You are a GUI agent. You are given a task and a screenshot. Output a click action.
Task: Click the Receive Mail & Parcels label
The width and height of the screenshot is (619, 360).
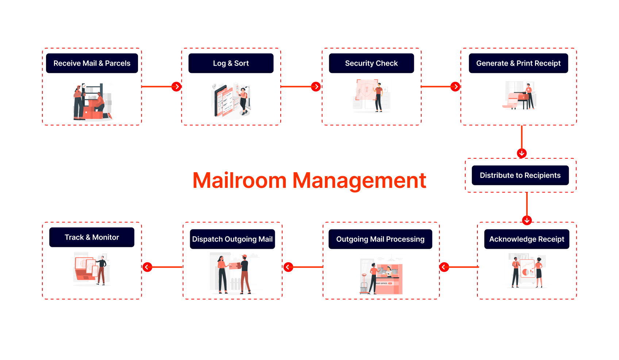(92, 63)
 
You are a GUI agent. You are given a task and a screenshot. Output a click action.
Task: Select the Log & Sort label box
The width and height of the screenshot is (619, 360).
(231, 63)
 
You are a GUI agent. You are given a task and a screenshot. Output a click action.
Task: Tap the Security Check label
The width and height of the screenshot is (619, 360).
(371, 63)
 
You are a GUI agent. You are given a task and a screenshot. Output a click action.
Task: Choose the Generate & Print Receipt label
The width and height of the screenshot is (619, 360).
(518, 63)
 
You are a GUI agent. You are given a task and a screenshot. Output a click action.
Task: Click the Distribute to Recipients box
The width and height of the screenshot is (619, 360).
(520, 175)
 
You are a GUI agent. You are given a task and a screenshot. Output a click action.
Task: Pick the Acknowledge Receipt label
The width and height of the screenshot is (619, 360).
(527, 239)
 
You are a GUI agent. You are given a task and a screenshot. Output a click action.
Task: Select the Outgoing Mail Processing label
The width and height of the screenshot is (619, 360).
(380, 239)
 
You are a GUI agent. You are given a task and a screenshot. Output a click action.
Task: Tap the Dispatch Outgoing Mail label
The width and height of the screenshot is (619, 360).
(232, 239)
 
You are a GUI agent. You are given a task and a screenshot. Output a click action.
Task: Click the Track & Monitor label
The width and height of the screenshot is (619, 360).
(92, 237)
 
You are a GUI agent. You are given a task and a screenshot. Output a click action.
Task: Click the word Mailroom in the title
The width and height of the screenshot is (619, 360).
(239, 180)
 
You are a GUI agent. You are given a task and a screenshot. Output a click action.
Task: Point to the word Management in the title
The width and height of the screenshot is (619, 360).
(359, 180)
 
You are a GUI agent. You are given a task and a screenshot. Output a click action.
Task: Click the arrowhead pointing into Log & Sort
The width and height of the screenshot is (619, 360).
(177, 86)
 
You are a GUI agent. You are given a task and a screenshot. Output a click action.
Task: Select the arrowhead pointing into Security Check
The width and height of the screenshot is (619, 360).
(316, 86)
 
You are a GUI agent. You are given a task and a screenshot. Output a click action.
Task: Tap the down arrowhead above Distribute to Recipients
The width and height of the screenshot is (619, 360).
(522, 153)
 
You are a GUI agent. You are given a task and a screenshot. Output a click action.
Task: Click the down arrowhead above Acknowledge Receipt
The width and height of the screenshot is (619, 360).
(527, 220)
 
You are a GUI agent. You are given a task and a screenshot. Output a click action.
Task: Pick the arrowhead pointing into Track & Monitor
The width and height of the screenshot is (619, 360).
(147, 267)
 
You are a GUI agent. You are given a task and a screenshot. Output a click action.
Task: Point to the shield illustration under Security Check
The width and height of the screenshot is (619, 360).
(367, 89)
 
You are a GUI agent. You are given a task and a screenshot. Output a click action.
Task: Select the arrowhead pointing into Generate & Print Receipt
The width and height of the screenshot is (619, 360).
(455, 86)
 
